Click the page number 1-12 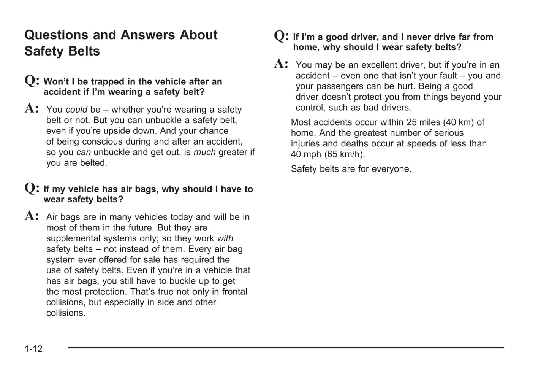pos(33,349)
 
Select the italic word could pos(76,110)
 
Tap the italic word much pos(204,152)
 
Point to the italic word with pos(225,238)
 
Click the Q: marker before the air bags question pos(32,188)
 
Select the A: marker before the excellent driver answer pos(281,64)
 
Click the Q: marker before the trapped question pos(32,80)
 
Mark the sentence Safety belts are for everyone pos(351,169)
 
